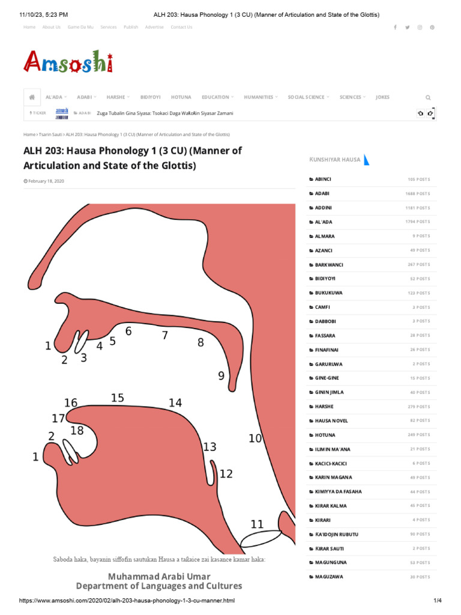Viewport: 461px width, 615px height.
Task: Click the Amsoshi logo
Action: pos(68,62)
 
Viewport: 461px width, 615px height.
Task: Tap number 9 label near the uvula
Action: pos(221,376)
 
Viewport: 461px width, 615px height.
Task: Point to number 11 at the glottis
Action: pos(257,524)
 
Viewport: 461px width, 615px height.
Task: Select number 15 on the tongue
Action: pos(117,398)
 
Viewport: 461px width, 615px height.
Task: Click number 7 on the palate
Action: pos(164,336)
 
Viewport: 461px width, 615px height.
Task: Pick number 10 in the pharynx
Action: pos(255,438)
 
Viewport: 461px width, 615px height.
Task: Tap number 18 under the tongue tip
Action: pos(77,431)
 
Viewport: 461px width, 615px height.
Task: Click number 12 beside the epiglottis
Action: pos(226,474)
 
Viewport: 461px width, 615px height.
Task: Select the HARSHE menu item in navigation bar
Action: pos(116,97)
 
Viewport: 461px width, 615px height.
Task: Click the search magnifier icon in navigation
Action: pos(428,97)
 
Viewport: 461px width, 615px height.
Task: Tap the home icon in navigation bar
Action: pos(32,97)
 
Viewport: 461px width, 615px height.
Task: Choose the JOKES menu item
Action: pos(382,97)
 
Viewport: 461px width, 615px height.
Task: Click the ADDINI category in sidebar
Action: pos(323,208)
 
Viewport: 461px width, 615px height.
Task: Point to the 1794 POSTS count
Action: pos(418,222)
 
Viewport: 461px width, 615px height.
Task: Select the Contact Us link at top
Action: pos(181,27)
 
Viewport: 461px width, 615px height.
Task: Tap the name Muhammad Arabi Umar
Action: pos(159,576)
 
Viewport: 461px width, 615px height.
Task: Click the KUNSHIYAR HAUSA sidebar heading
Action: pos(335,160)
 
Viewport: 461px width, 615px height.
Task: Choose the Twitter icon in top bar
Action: pos(408,27)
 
